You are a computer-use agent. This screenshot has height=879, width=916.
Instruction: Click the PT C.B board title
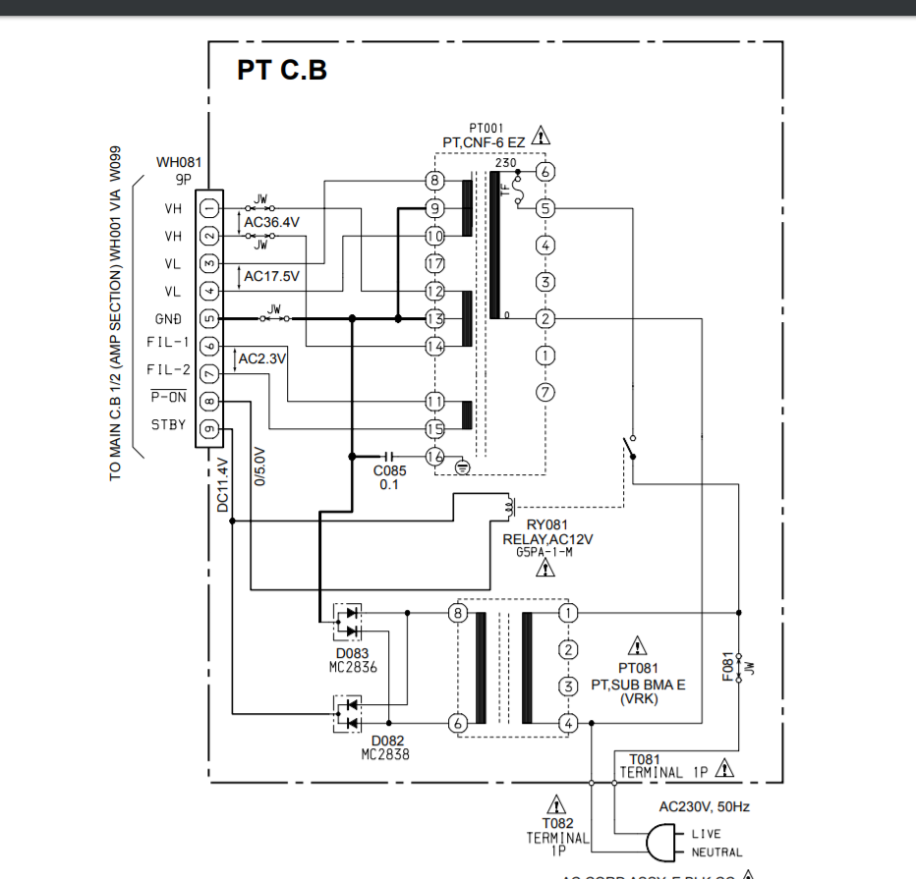pyautogui.click(x=281, y=70)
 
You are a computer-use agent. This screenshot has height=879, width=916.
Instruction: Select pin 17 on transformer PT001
pyautogui.click(x=435, y=263)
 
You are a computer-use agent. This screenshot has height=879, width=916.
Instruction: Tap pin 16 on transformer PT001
pyautogui.click(x=435, y=456)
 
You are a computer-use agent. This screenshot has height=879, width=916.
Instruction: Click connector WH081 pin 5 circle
pyautogui.click(x=209, y=318)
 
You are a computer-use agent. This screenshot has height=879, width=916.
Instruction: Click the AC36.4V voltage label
pyautogui.click(x=271, y=223)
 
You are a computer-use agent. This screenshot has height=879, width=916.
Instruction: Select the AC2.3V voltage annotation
pyautogui.click(x=261, y=359)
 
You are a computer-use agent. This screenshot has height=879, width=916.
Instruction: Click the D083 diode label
pyautogui.click(x=352, y=653)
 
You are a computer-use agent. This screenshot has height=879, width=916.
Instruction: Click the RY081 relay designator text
pyautogui.click(x=547, y=525)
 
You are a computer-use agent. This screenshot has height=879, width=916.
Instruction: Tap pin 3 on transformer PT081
pyautogui.click(x=567, y=686)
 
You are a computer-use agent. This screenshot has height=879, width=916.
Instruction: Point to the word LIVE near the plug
pyautogui.click(x=706, y=834)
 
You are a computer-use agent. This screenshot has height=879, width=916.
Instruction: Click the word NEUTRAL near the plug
pyautogui.click(x=716, y=852)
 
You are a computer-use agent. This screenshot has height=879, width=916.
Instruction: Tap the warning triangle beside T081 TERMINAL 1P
pyautogui.click(x=724, y=768)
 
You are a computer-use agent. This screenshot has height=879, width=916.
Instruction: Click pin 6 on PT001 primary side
pyautogui.click(x=546, y=171)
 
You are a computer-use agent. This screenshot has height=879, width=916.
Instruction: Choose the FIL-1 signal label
pyautogui.click(x=167, y=343)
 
